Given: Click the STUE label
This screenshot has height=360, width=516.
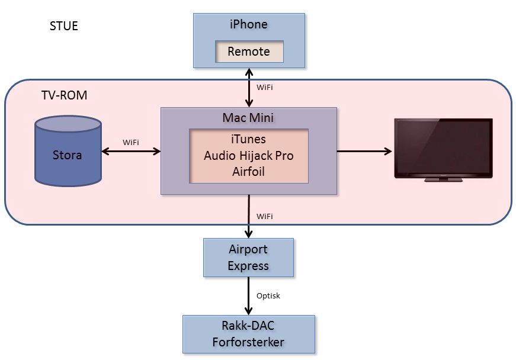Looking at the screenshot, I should pyautogui.click(x=64, y=26).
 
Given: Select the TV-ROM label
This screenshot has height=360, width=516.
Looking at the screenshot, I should pyautogui.click(x=64, y=95).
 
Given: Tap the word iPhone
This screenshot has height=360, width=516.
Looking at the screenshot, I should pyautogui.click(x=249, y=24).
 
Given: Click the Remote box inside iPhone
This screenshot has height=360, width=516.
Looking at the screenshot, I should pyautogui.click(x=249, y=52).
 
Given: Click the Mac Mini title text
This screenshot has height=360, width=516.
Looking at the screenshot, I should pyautogui.click(x=249, y=117).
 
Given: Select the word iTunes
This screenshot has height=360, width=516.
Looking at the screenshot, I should pyautogui.click(x=249, y=139).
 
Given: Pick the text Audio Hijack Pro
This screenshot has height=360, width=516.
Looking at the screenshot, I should pyautogui.click(x=249, y=155).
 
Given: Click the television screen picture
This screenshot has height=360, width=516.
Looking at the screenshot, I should pyautogui.click(x=444, y=148).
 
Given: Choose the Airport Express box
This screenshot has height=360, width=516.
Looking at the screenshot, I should pyautogui.click(x=248, y=257).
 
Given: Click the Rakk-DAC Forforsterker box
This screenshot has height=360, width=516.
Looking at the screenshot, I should pyautogui.click(x=248, y=334).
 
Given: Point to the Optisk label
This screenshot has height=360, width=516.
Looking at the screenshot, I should pyautogui.click(x=268, y=295).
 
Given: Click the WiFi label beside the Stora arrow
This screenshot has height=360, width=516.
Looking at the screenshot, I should pyautogui.click(x=131, y=142).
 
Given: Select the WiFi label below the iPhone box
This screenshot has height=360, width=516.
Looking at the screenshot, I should pyautogui.click(x=265, y=87).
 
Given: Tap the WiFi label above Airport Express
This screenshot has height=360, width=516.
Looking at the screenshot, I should pyautogui.click(x=265, y=217).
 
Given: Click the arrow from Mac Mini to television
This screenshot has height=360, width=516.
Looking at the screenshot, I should pyautogui.click(x=364, y=151).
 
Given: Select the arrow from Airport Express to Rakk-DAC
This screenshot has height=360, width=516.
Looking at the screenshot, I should pyautogui.click(x=249, y=296).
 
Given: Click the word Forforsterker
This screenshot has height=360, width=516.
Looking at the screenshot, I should pyautogui.click(x=248, y=342).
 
